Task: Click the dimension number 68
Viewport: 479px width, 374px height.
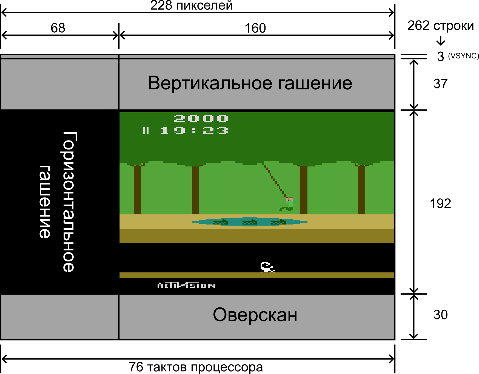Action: click(58, 28)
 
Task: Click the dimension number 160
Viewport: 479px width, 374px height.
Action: click(255, 28)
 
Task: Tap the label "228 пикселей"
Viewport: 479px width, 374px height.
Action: click(191, 5)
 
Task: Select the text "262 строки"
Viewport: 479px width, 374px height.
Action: click(440, 26)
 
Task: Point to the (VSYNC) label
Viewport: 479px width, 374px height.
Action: click(463, 56)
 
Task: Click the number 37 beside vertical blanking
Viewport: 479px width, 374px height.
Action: click(440, 84)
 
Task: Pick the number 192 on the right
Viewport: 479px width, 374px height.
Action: click(440, 203)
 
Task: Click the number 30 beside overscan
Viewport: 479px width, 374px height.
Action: click(440, 315)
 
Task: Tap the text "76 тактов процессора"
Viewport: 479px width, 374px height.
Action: click(196, 367)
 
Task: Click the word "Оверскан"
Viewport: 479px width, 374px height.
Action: click(255, 315)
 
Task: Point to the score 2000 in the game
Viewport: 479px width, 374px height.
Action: click(201, 119)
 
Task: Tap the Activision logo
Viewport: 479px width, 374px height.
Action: click(186, 286)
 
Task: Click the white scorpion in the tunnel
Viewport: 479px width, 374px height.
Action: click(267, 267)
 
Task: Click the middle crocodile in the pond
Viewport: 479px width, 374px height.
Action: click(250, 222)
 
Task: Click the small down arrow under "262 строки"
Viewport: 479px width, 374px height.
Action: click(441, 41)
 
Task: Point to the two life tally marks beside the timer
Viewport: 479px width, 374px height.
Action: click(146, 131)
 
